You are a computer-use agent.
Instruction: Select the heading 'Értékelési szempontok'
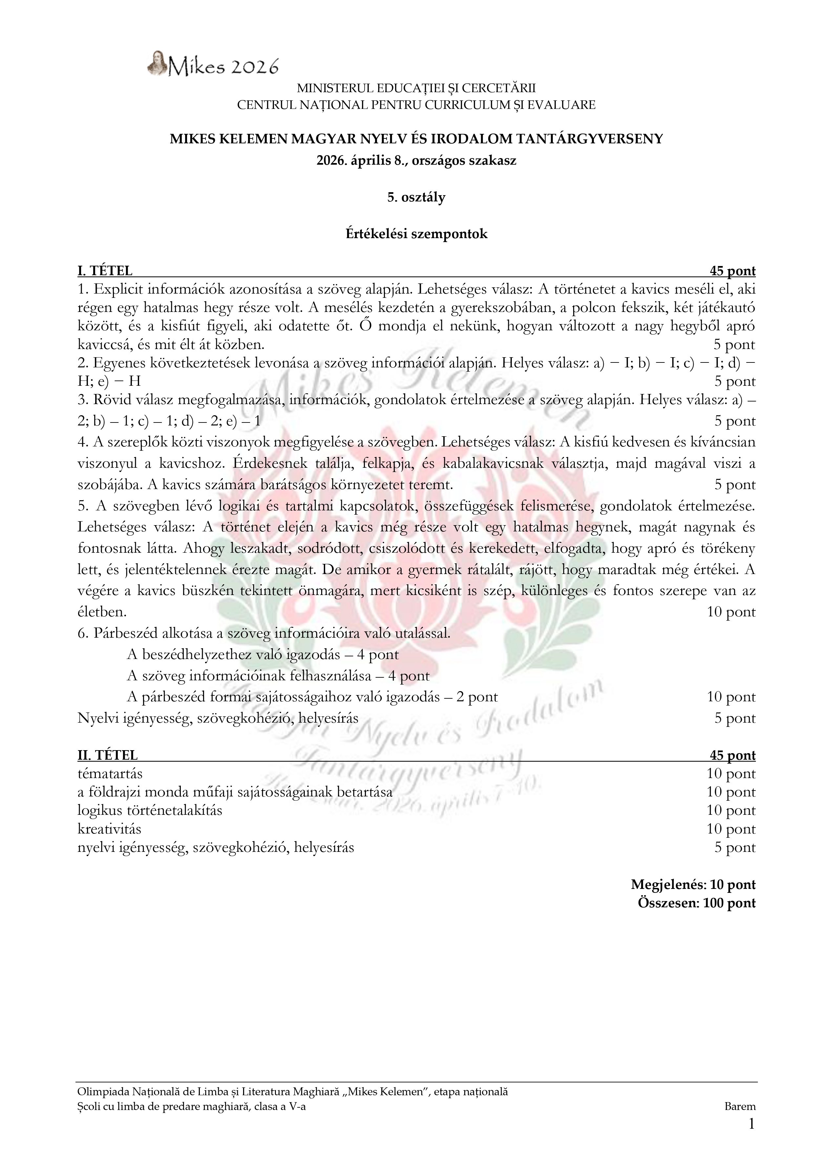[416, 234]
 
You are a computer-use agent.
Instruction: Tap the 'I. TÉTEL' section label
[105, 271]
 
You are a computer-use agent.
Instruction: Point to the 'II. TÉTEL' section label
[107, 755]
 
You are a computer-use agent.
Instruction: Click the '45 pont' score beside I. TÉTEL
[732, 271]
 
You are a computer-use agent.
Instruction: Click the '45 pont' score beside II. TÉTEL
[732, 755]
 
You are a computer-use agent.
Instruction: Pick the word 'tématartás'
[110, 774]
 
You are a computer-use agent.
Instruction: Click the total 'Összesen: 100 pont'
[697, 903]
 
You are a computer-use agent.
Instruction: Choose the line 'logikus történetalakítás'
[150, 810]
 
